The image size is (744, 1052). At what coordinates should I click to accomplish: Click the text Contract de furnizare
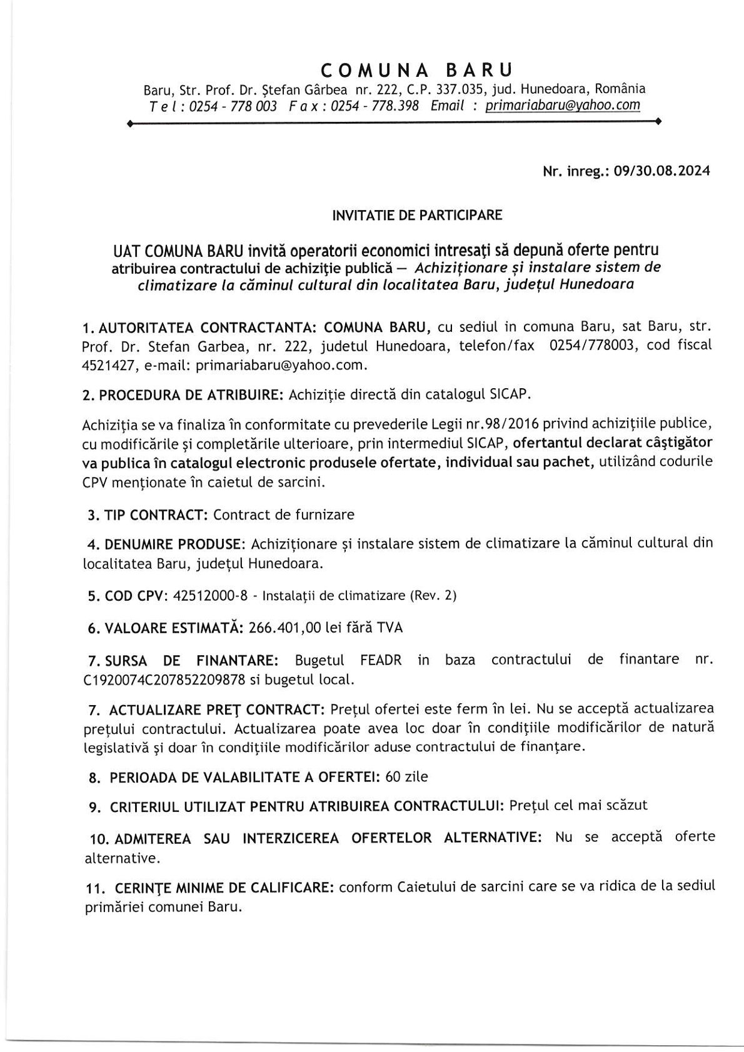[284, 515]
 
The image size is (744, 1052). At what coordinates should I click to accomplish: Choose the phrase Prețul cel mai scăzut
[578, 806]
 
